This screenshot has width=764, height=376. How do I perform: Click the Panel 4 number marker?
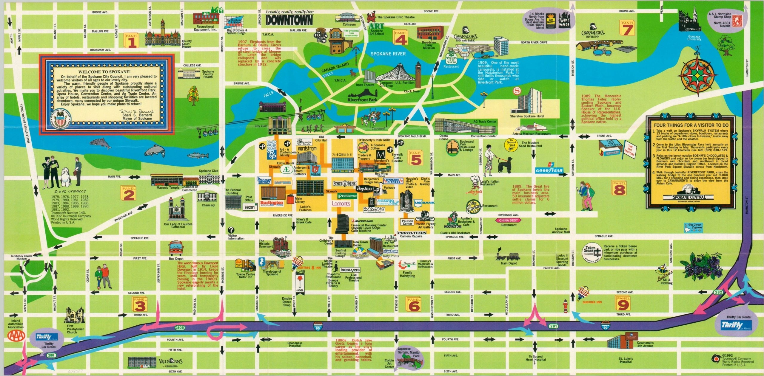pyautogui.click(x=401, y=38)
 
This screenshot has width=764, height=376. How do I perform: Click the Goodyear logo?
pyautogui.click(x=549, y=171)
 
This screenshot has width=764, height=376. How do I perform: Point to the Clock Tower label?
pyautogui.click(x=412, y=91)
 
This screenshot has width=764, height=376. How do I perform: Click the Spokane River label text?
pyautogui.click(x=388, y=54)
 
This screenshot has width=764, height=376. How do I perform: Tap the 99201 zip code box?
pyautogui.click(x=249, y=207)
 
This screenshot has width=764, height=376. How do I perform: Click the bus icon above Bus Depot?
pyautogui.click(x=176, y=247)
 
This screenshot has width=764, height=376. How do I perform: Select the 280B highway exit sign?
pyautogui.click(x=180, y=328)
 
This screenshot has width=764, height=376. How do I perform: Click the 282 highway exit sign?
pyautogui.click(x=718, y=292)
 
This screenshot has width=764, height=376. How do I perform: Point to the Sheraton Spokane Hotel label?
pyautogui.click(x=527, y=116)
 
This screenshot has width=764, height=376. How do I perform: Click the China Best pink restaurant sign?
pyautogui.click(x=508, y=220)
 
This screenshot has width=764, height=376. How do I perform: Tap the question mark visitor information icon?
pyautogui.click(x=231, y=230)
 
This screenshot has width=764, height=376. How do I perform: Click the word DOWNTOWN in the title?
pyautogui.click(x=289, y=20)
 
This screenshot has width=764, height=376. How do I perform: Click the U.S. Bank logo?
pyautogui.click(x=424, y=203)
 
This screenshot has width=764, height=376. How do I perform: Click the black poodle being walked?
pyautogui.click(x=505, y=165)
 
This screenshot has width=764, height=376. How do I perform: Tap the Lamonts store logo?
pyautogui.click(x=341, y=203)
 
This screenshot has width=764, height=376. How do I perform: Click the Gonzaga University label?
pyautogui.click(x=694, y=38)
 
